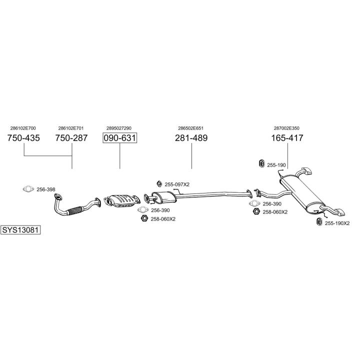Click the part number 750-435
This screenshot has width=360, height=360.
pos(23,138)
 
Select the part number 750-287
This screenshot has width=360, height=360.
pos(71,138)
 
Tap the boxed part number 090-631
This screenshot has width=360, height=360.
pos(119,138)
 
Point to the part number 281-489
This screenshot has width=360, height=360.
pos(191,138)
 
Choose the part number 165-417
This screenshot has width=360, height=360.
pos(287,138)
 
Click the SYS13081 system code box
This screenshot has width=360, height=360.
pos(20,230)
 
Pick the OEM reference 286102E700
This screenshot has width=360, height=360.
pos(23,128)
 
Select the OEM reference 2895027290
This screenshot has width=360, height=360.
pos(119,128)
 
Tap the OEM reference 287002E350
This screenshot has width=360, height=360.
pos(286,128)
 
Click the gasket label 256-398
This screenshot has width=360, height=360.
pos(46,189)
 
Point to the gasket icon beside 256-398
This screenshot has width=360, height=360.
pos(28,189)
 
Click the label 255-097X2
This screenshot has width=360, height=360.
pos(177,184)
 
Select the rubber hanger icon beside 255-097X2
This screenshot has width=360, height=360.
pos(159,184)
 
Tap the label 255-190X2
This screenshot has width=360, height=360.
pos(337,223)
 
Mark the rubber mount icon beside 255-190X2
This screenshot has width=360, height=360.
pos(319,222)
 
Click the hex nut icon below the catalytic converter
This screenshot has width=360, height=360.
pos(144,218)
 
